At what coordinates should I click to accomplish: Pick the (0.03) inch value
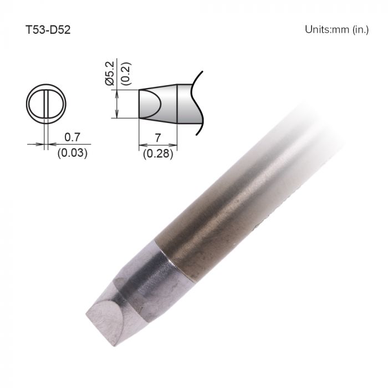pyautogui.click(x=72, y=153)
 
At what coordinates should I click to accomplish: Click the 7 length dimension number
pyautogui.click(x=157, y=136)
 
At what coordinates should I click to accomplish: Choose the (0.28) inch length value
pyautogui.click(x=158, y=154)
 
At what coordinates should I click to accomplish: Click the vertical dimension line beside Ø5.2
pyautogui.click(x=117, y=104)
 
